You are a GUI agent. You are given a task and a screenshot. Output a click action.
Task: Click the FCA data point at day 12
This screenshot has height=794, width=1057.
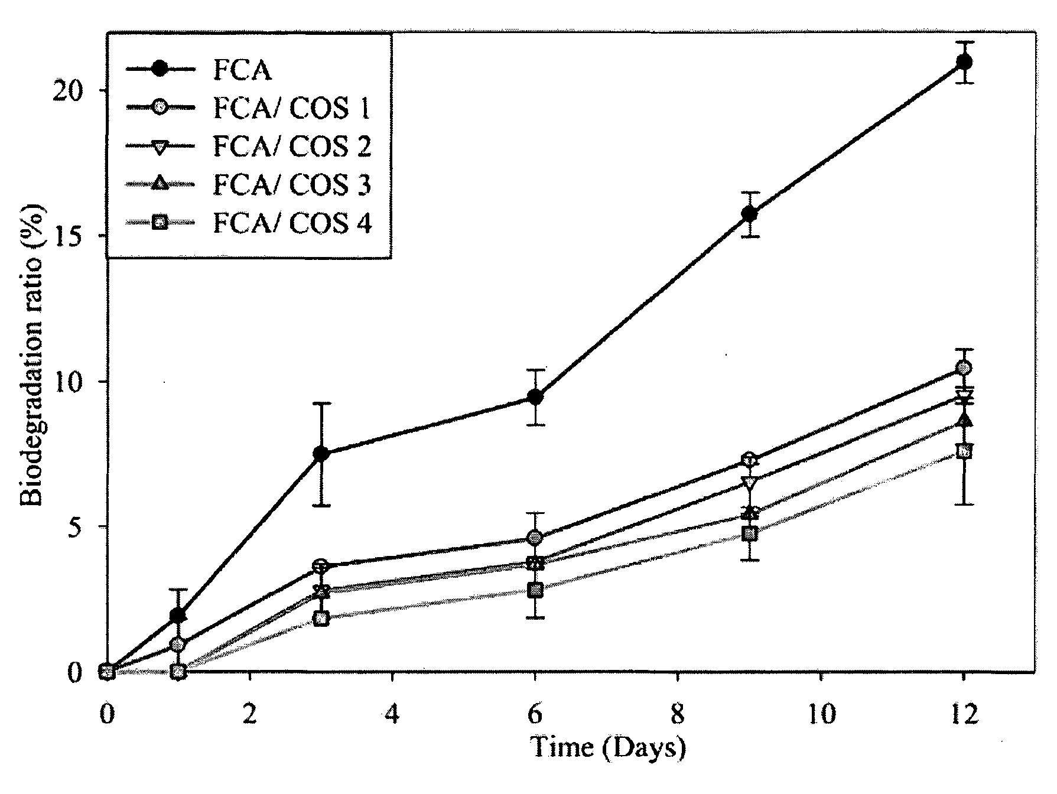pyautogui.click(x=964, y=62)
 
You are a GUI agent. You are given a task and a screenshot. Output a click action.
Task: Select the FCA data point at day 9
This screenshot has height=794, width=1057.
pyautogui.click(x=750, y=214)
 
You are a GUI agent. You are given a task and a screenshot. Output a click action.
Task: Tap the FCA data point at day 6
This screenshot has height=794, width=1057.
pyautogui.click(x=535, y=397)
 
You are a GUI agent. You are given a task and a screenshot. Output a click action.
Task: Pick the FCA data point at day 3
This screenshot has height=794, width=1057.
pyautogui.click(x=321, y=454)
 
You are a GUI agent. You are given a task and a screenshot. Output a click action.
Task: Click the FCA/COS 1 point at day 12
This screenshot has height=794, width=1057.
pyautogui.click(x=964, y=368)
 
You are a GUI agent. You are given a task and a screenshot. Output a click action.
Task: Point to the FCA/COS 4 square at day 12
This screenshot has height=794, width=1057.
pyautogui.click(x=964, y=451)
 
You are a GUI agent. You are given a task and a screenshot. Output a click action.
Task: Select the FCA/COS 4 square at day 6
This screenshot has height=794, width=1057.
pyautogui.click(x=535, y=590)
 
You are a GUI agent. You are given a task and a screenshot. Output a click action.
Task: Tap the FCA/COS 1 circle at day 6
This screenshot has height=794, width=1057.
pyautogui.click(x=535, y=538)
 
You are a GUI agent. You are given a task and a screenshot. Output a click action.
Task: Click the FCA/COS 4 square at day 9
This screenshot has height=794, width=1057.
pyautogui.click(x=750, y=534)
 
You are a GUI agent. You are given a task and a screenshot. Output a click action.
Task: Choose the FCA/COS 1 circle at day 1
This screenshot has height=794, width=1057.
pyautogui.click(x=178, y=645)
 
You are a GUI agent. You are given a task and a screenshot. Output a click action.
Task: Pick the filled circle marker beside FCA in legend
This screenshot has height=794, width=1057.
pyautogui.click(x=160, y=70)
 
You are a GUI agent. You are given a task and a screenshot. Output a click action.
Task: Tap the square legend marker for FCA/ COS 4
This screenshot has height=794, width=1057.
pyautogui.click(x=160, y=223)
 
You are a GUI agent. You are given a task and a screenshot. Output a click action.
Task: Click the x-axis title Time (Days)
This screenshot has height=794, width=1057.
pyautogui.click(x=608, y=749)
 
